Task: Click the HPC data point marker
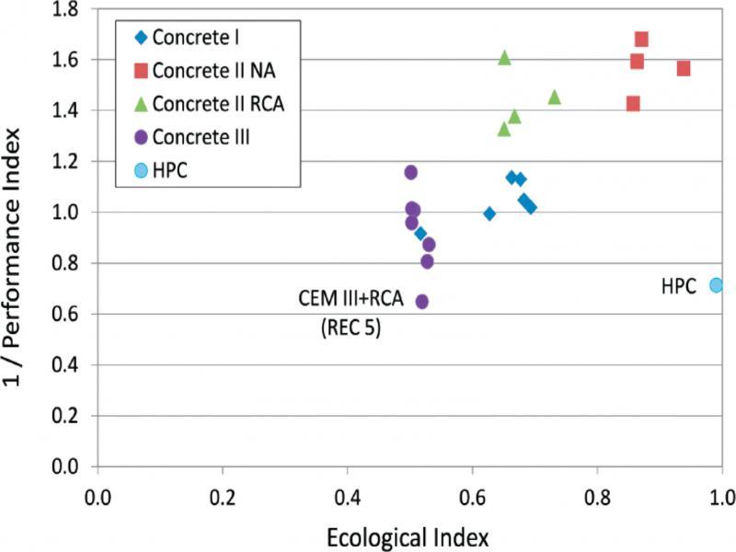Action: pyautogui.click(x=716, y=285)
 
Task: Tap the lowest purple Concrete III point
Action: pyautogui.click(x=422, y=301)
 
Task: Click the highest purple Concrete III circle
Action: pyautogui.click(x=411, y=172)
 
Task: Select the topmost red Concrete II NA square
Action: pyautogui.click(x=641, y=39)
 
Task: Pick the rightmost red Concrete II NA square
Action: pyautogui.click(x=684, y=68)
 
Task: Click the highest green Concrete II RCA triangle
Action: pyautogui.click(x=504, y=57)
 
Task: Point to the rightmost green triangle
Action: pyautogui.click(x=555, y=97)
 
